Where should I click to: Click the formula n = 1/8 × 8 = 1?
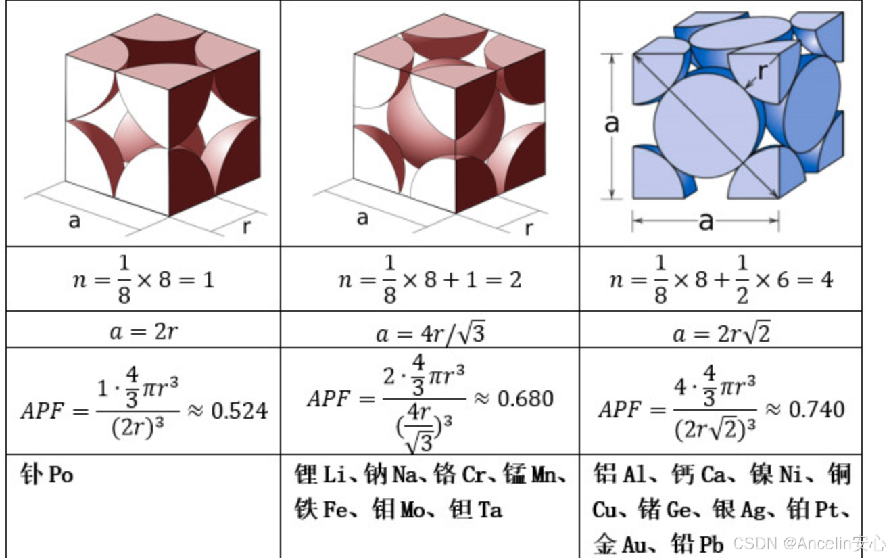click(143, 279)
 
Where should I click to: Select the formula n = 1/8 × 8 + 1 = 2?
click(429, 279)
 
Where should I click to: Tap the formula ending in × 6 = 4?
click(720, 279)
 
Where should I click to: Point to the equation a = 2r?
click(143, 331)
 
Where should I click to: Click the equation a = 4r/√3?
click(429, 332)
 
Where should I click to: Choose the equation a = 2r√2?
click(720, 332)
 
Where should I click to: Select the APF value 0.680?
click(525, 398)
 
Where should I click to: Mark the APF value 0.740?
click(816, 409)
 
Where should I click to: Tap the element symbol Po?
click(60, 475)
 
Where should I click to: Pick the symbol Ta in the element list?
click(490, 509)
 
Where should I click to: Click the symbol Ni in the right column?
click(790, 475)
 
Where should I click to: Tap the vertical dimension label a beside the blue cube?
click(611, 123)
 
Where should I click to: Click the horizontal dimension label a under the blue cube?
click(705, 220)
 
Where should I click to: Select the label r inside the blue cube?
click(763, 70)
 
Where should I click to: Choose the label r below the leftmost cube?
click(246, 227)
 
